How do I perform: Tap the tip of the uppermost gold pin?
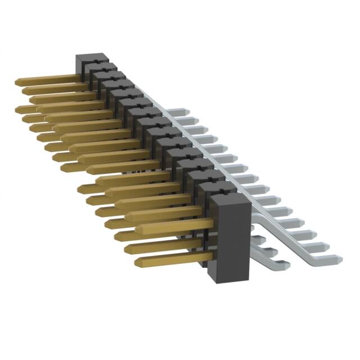[x=17, y=82]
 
